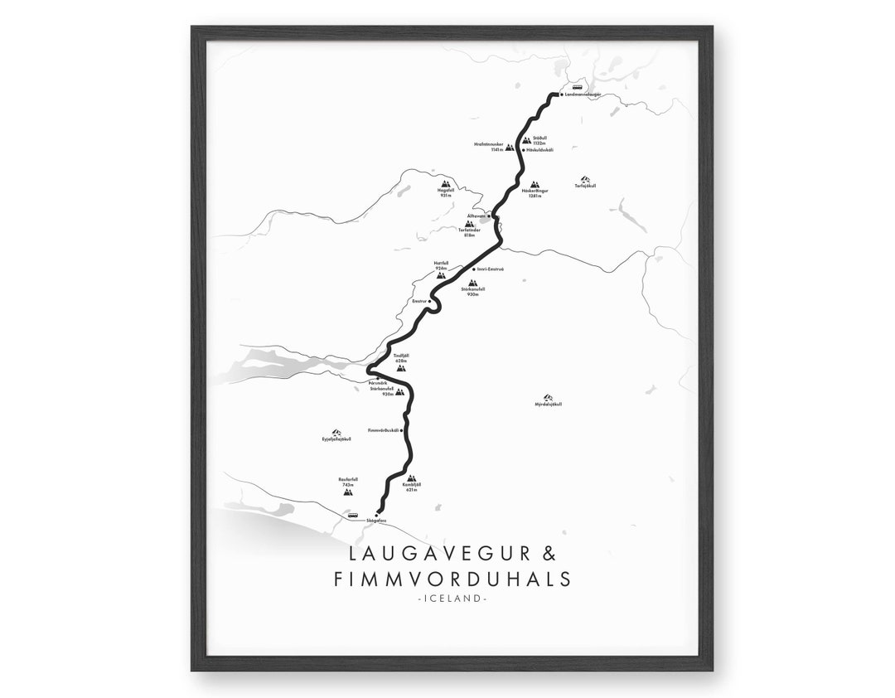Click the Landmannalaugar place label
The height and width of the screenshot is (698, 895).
pyautogui.click(x=583, y=95)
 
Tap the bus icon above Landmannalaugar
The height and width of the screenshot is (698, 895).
pyautogui.click(x=577, y=86)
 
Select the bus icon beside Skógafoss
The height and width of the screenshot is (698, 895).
pyautogui.click(x=353, y=515)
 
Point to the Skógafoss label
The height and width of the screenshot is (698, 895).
pyautogui.click(x=376, y=521)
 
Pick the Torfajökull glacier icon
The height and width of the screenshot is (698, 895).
pyautogui.click(x=585, y=179)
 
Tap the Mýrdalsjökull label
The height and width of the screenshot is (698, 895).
pyautogui.click(x=549, y=405)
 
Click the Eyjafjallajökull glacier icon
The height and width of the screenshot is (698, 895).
pyautogui.click(x=336, y=433)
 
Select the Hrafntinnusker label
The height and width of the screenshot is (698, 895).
pyautogui.click(x=489, y=145)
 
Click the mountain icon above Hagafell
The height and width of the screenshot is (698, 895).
pyautogui.click(x=445, y=184)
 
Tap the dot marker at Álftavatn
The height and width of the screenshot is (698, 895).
pyautogui.click(x=490, y=216)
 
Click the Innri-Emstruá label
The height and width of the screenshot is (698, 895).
pyautogui.click(x=491, y=269)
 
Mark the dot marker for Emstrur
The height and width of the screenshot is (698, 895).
pyautogui.click(x=430, y=301)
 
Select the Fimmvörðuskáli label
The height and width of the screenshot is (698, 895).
pyautogui.click(x=382, y=431)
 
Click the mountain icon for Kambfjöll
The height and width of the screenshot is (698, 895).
pyautogui.click(x=411, y=478)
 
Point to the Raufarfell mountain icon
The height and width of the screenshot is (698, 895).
pyautogui.click(x=347, y=491)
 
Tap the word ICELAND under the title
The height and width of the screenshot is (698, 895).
pyautogui.click(x=452, y=597)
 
